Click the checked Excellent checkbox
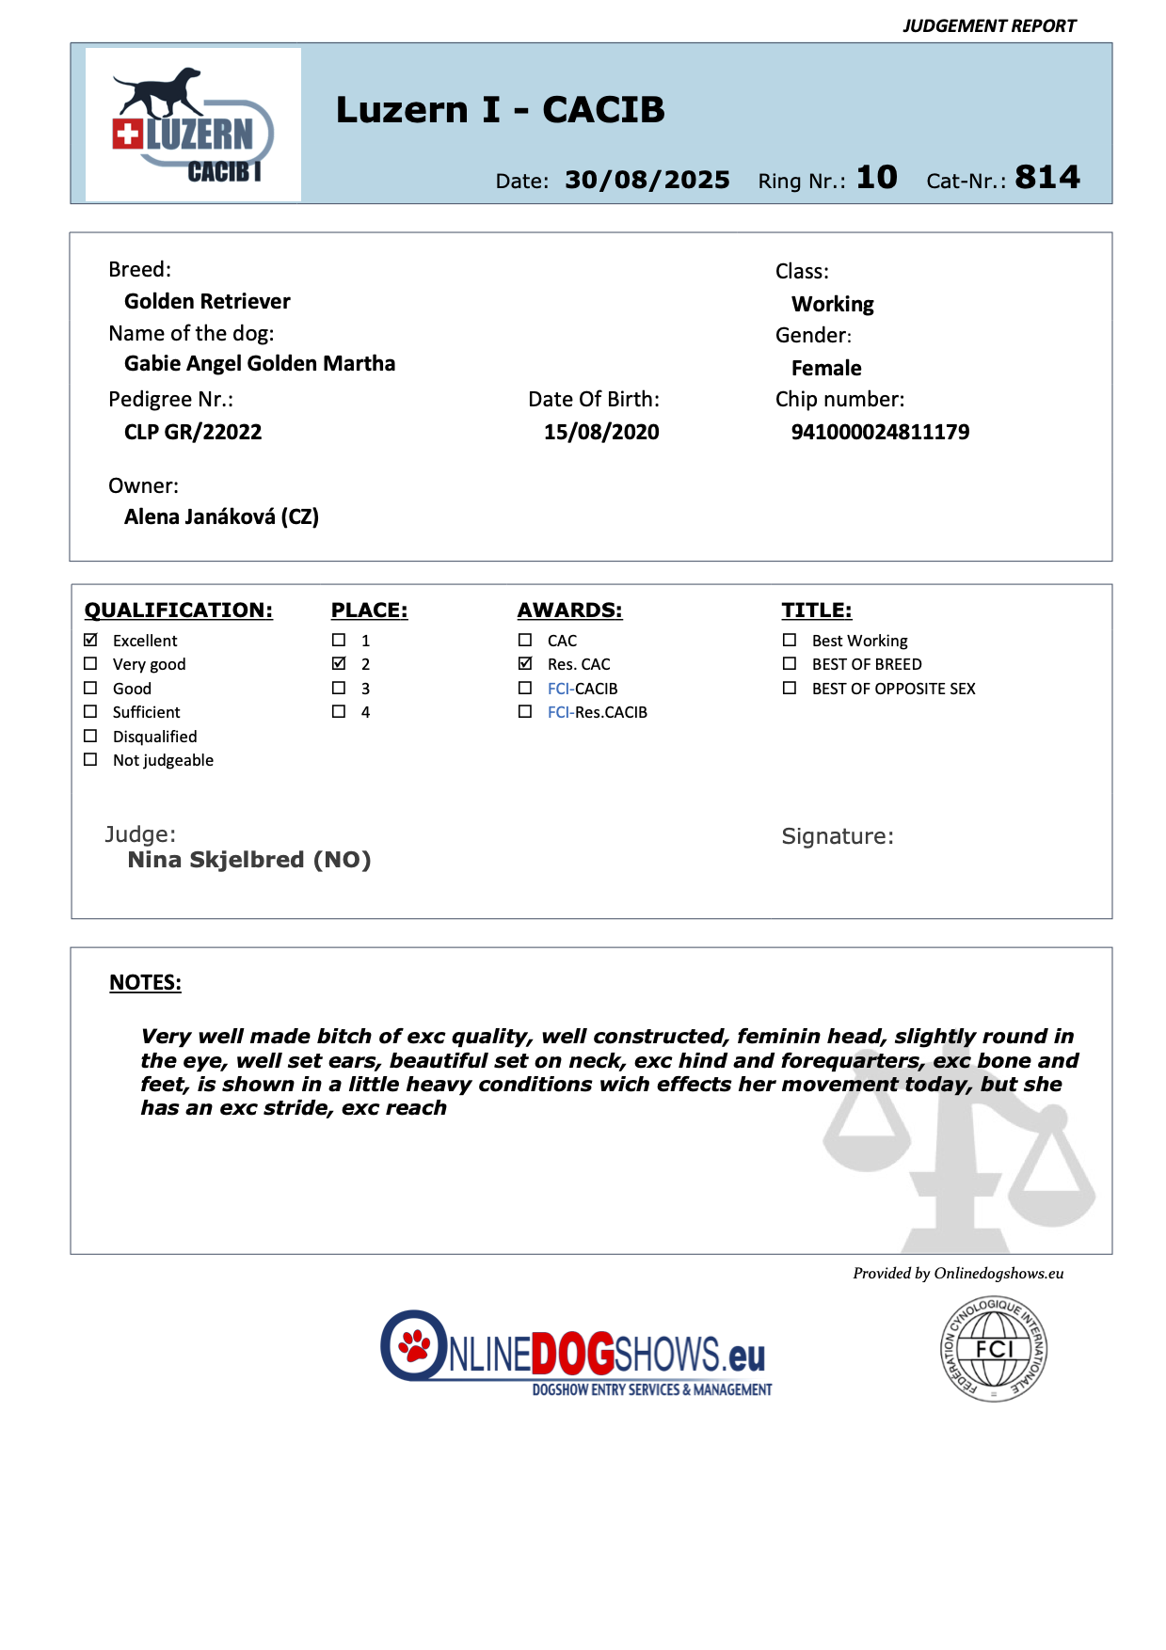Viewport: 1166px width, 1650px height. pos(90,640)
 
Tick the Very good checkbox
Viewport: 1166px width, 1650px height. pos(90,663)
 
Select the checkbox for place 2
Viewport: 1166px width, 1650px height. pos(339,663)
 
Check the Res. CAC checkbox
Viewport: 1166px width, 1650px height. pos(525,663)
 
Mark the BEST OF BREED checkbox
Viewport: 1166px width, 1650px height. pos(790,663)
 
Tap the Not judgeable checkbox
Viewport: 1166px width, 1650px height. pos(90,759)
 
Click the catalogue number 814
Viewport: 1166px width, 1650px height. pos(1046,177)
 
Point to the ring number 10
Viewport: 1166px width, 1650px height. pos(876,177)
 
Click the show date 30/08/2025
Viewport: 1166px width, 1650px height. pos(647,180)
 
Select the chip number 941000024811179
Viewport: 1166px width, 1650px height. pos(880,432)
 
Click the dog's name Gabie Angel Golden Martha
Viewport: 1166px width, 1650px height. pos(260,363)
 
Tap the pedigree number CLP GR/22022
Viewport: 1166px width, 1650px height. pos(193,432)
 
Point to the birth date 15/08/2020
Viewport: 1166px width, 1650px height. pos(601,432)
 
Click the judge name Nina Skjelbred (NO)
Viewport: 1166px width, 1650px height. pos(249,860)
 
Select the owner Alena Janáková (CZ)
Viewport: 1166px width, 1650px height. pos(221,516)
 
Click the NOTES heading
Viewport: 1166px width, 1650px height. pos(145,982)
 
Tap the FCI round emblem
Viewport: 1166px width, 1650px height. pos(994,1349)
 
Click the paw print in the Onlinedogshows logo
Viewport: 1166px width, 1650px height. pos(414,1345)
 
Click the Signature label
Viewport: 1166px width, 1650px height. pos(838,836)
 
